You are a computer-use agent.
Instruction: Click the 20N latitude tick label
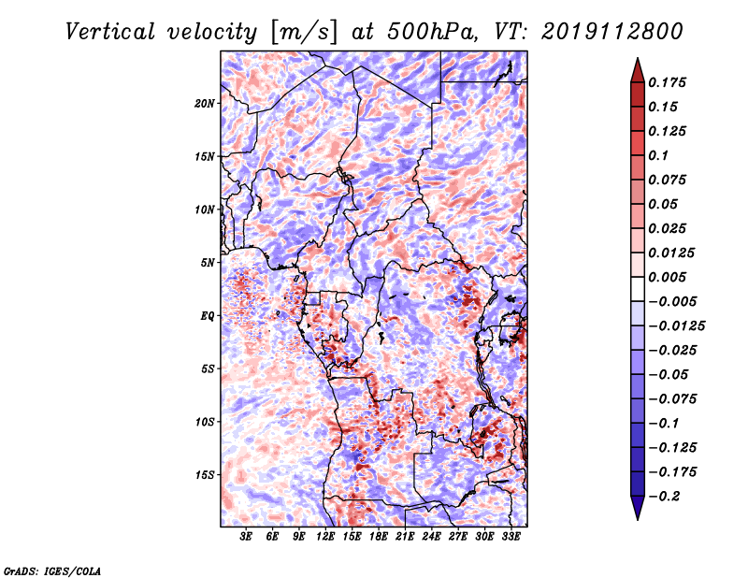204,104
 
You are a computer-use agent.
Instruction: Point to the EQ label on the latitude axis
208,316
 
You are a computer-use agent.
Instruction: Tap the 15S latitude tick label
205,475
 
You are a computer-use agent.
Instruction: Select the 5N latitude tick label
208,263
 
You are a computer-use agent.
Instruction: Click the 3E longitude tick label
246,537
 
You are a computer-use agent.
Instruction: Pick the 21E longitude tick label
405,537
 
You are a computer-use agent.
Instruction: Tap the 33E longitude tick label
511,537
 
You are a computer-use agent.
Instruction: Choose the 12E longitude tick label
325,537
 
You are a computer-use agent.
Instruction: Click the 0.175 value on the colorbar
667,82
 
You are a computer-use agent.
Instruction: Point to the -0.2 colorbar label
664,497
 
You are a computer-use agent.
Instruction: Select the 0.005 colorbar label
667,277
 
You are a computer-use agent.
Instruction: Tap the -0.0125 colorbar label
676,326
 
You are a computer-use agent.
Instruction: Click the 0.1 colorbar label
658,155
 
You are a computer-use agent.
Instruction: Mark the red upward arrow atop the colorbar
638,70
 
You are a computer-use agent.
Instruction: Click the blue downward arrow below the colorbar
638,508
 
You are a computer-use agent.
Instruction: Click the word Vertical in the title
110,32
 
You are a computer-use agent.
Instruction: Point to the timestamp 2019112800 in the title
612,32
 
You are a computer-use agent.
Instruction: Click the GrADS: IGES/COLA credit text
52,571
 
